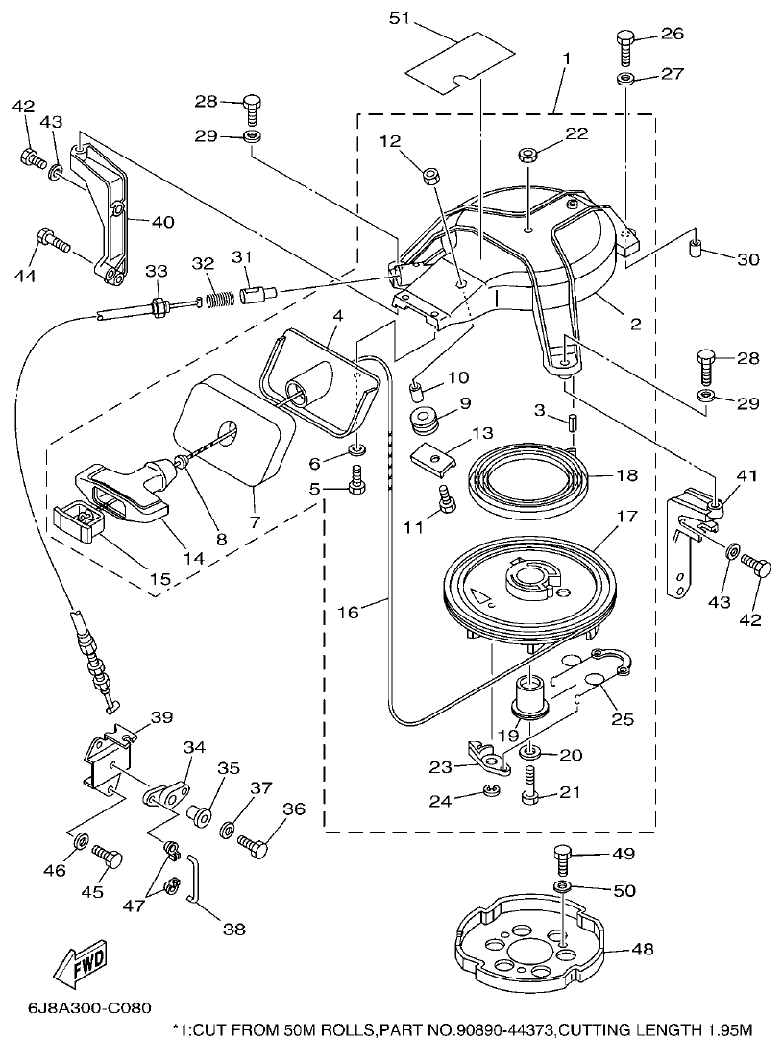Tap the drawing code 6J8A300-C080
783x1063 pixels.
83,1008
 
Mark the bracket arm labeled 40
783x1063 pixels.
106,211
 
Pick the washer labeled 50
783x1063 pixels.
564,884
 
